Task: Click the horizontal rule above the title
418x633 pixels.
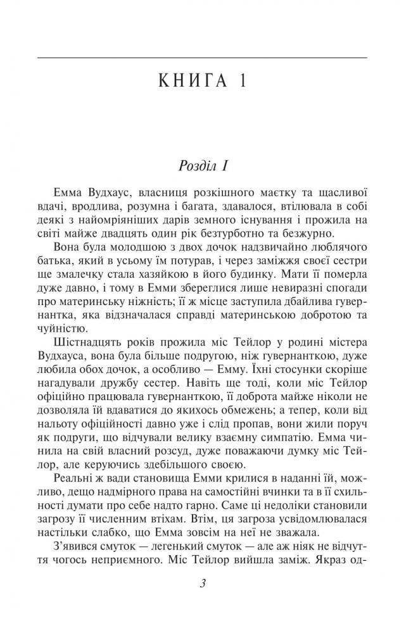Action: click(x=202, y=58)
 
